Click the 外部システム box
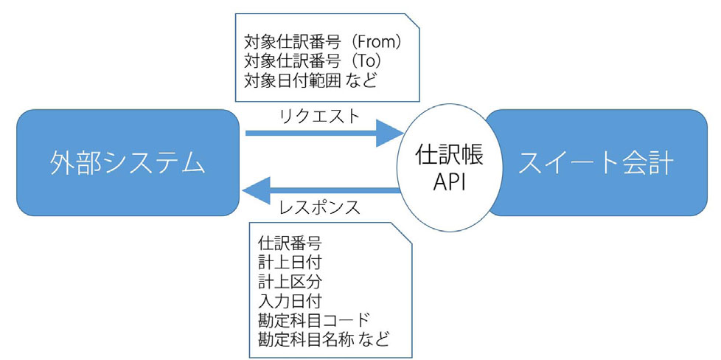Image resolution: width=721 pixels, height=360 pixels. point(128,162)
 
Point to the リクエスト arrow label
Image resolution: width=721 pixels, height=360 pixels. point(319,117)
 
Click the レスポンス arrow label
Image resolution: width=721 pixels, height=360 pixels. point(319,207)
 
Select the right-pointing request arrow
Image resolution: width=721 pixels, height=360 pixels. point(324,133)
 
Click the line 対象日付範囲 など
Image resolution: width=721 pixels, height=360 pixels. point(310,81)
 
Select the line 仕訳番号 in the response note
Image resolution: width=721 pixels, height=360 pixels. point(290,243)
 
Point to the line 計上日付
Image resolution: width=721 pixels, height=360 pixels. point(290,263)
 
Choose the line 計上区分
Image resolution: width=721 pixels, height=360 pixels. point(290,282)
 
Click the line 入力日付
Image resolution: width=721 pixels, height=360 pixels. point(290,301)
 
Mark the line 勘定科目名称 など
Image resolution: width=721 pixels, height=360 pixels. point(324,340)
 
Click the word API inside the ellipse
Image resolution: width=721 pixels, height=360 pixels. point(450,183)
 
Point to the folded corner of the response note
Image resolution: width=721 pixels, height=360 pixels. point(404,231)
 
